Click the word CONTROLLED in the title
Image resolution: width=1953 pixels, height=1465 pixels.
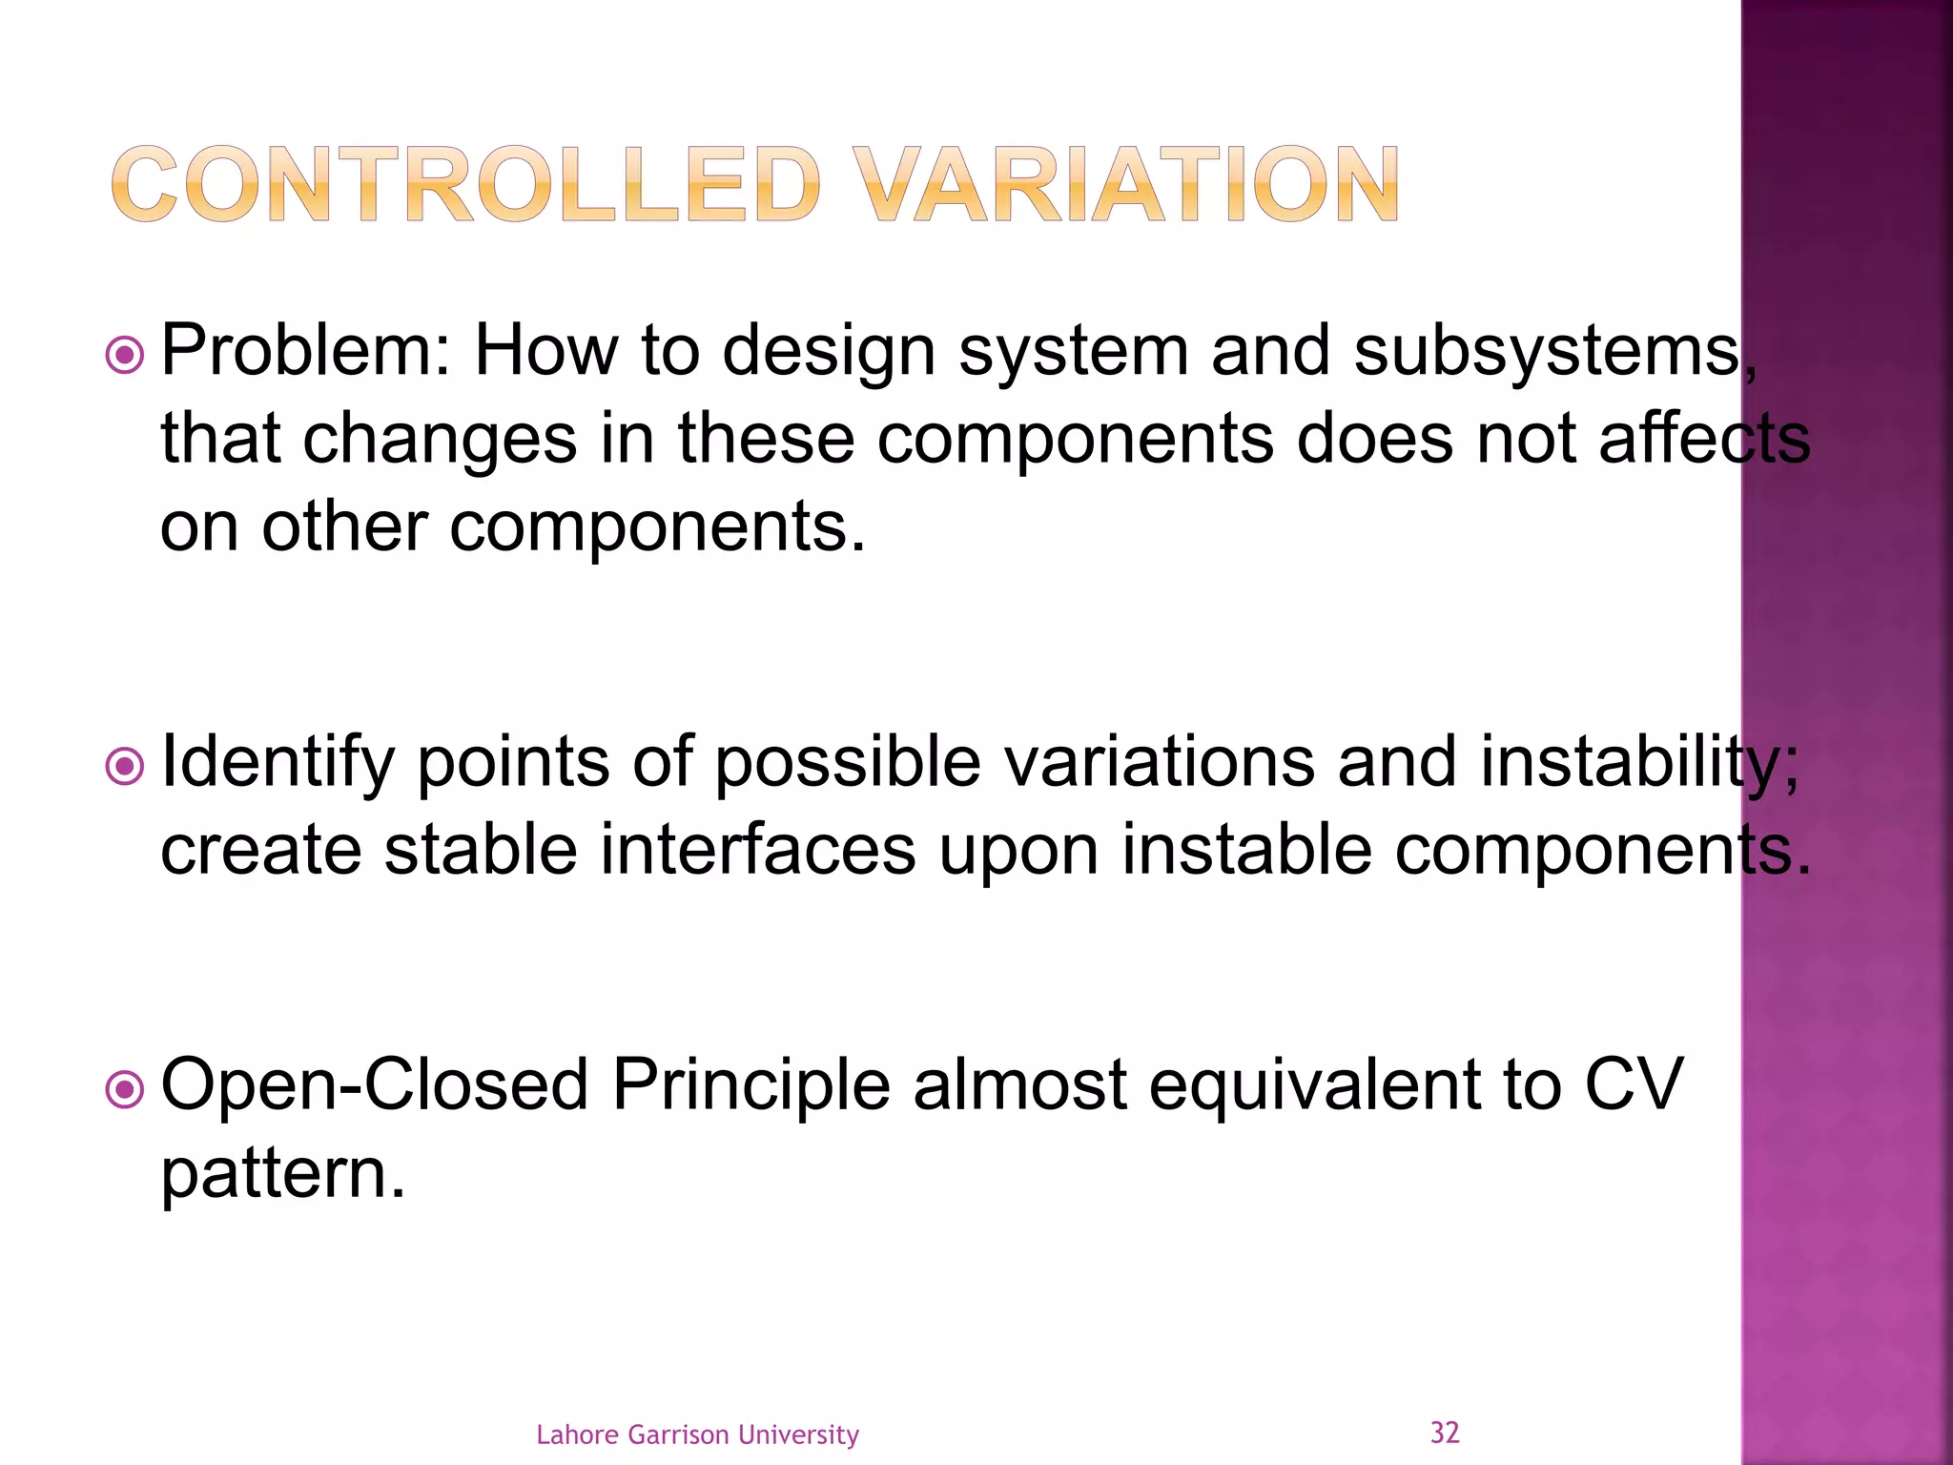point(465,184)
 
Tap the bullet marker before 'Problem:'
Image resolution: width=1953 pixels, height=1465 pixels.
point(125,357)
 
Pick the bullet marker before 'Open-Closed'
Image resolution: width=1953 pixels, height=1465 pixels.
point(125,1090)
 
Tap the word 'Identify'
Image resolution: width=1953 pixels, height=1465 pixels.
point(278,763)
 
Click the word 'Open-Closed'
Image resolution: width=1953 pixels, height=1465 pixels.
point(375,1085)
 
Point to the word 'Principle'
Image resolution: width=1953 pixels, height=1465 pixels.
point(750,1085)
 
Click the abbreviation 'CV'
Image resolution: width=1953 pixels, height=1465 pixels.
point(1634,1085)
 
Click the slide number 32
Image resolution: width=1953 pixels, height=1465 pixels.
point(1445,1433)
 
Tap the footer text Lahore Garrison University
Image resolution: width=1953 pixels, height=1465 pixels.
point(697,1434)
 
